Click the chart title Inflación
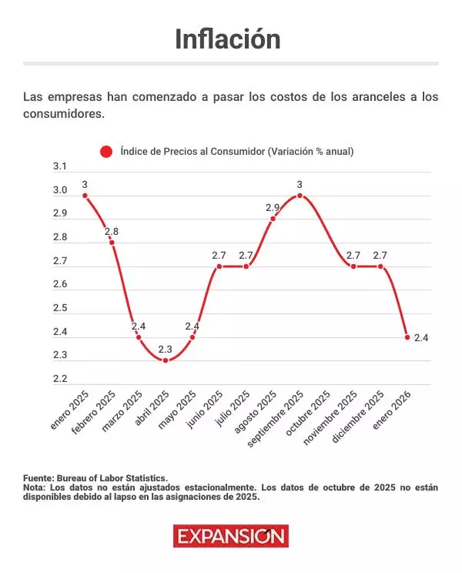(x=227, y=39)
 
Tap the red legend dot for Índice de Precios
(x=106, y=152)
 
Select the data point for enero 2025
(x=85, y=196)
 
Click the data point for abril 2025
(x=166, y=360)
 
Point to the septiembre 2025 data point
(x=300, y=196)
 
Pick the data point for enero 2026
(x=407, y=337)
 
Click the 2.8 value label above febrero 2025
(x=112, y=231)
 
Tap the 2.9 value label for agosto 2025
(x=273, y=208)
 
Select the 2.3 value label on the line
(x=166, y=349)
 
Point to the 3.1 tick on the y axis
(x=59, y=166)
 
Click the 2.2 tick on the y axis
(x=59, y=379)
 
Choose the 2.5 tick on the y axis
(x=59, y=308)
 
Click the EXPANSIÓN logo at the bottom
(x=230, y=536)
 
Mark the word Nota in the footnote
(x=34, y=488)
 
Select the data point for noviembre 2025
(x=353, y=266)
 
